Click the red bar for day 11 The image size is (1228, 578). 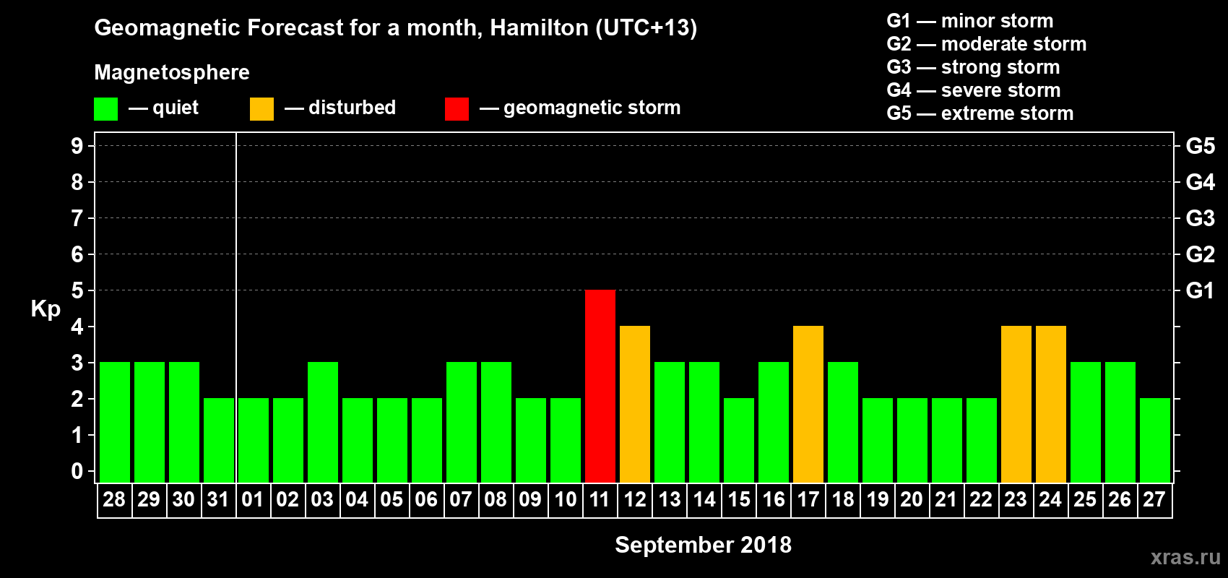click(x=600, y=386)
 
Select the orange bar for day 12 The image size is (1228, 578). click(x=635, y=404)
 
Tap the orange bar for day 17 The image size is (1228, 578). click(x=808, y=404)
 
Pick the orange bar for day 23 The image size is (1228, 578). click(x=1016, y=404)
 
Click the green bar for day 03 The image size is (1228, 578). click(x=323, y=422)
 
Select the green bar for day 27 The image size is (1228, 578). click(x=1155, y=440)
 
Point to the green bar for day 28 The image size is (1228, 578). click(x=115, y=422)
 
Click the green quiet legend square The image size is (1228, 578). click(x=106, y=109)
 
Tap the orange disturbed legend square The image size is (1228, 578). click(x=261, y=109)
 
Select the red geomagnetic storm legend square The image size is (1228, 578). click(x=457, y=109)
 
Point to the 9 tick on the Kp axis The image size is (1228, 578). click(x=77, y=146)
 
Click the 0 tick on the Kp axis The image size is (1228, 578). click(x=77, y=471)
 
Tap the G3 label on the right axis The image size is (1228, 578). click(x=1200, y=218)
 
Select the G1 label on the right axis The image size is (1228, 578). click(x=1200, y=290)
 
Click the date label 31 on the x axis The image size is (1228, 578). click(x=218, y=499)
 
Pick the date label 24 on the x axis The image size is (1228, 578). click(x=1050, y=499)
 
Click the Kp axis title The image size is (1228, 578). click(x=46, y=309)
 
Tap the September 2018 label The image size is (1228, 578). click(x=703, y=545)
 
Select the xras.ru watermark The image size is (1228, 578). click(x=1185, y=557)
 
